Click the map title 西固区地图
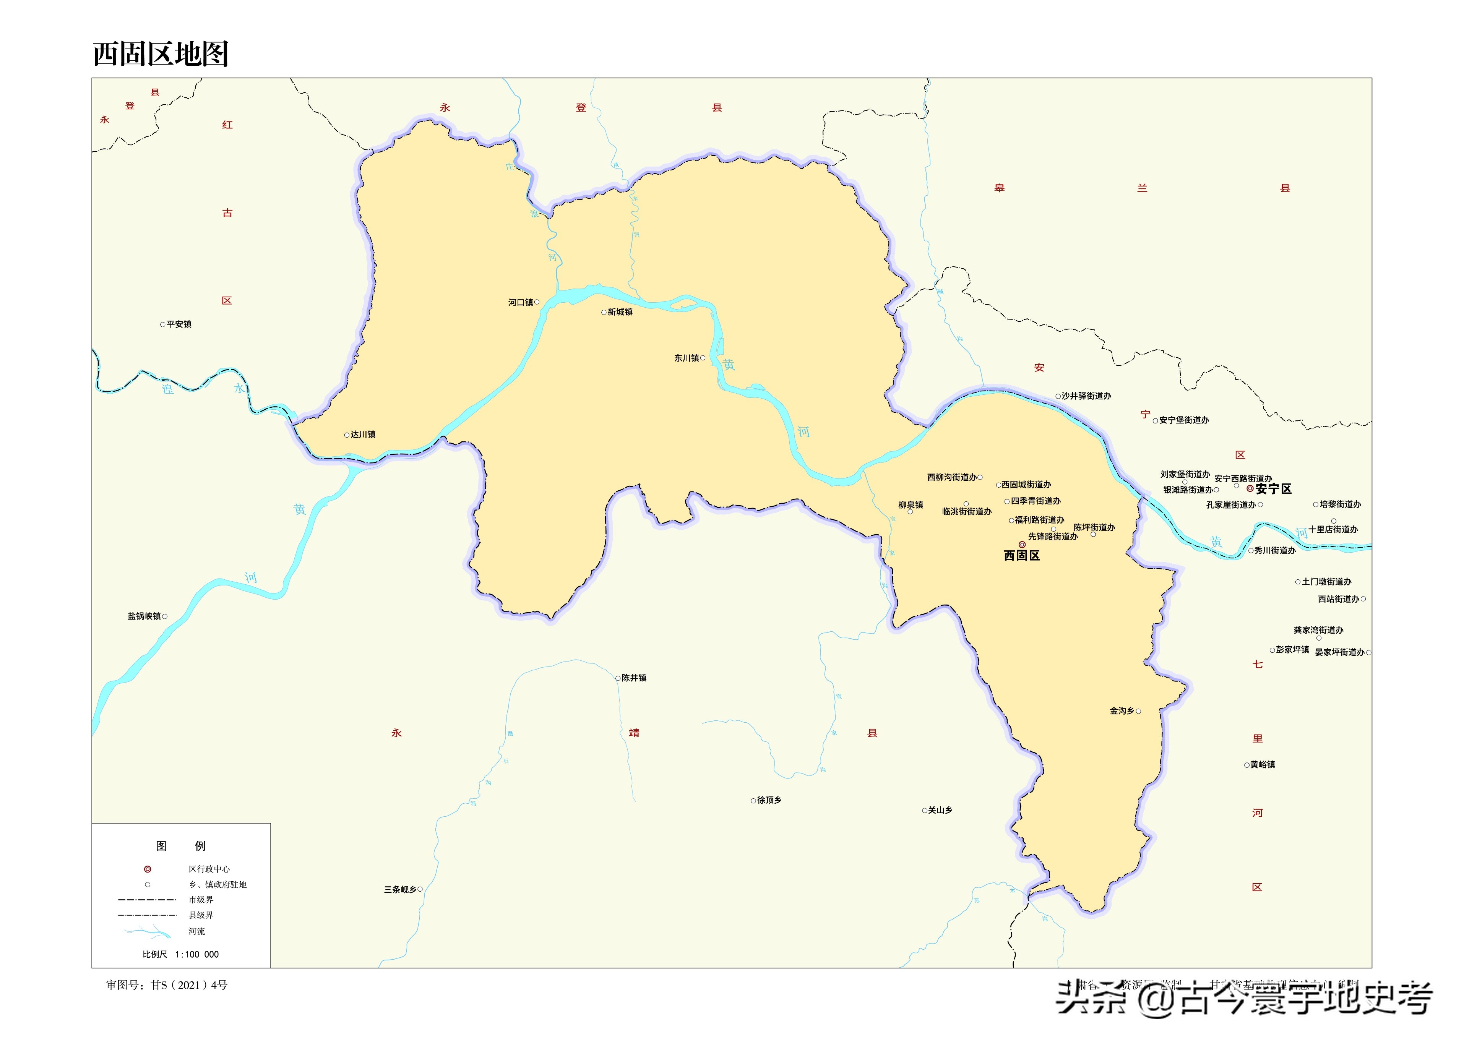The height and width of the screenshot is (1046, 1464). coord(161,54)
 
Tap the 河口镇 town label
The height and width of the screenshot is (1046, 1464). coord(520,302)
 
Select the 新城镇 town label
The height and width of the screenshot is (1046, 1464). coord(620,312)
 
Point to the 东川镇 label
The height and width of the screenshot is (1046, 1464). coord(687,358)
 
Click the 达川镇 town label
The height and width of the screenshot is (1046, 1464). coord(363,435)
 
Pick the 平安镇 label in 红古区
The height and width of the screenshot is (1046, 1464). coord(179,324)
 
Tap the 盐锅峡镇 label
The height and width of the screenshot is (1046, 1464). coord(144,616)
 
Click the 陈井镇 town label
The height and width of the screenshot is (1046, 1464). coord(634,678)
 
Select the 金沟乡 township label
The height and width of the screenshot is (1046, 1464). coord(1122,711)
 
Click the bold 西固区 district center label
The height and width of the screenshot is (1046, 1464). coord(1021,556)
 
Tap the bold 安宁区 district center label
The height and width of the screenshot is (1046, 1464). coord(1273,489)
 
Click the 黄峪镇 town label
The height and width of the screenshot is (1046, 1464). coord(1263,765)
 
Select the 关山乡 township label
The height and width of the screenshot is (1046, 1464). coord(940,810)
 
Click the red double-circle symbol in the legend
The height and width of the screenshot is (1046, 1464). coord(148,869)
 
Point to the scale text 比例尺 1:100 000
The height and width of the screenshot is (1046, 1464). coord(180,955)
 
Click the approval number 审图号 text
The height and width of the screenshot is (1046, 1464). coord(167,985)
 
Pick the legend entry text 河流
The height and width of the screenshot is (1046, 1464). coord(196,931)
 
